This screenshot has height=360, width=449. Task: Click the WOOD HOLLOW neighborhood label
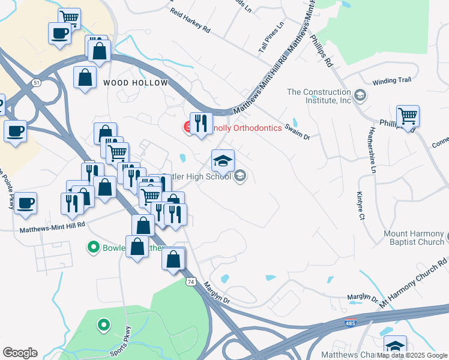click(x=135, y=83)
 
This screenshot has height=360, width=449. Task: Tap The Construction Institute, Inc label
click(x=319, y=96)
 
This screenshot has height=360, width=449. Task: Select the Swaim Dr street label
click(x=297, y=132)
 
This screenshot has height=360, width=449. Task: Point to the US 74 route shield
click(x=191, y=281)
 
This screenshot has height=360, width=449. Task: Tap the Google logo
click(x=20, y=352)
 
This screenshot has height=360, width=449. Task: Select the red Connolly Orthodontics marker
click(x=188, y=127)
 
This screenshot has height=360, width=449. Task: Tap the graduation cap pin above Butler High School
click(x=223, y=161)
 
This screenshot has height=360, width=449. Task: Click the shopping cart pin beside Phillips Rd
click(x=408, y=116)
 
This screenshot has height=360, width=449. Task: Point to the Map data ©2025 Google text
click(x=412, y=355)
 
